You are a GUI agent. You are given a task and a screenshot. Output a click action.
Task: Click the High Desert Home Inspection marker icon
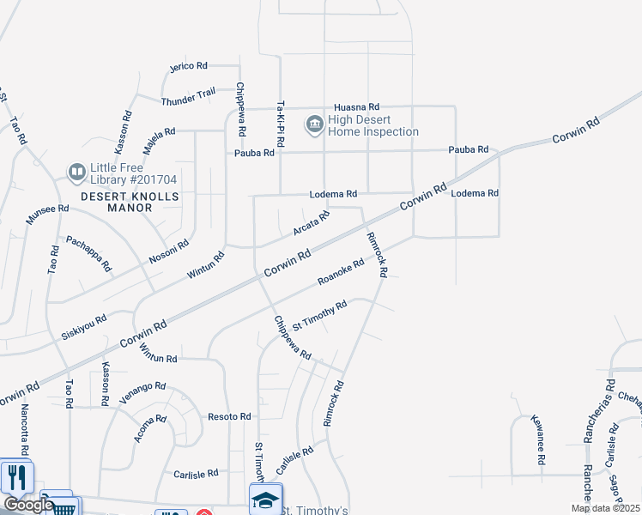pyautogui.click(x=314, y=125)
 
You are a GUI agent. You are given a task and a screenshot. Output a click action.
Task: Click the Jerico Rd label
pyautogui.click(x=189, y=65)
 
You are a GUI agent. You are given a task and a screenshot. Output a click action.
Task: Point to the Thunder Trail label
pyautogui.click(x=188, y=99)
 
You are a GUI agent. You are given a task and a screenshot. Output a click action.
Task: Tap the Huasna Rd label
pyautogui.click(x=356, y=106)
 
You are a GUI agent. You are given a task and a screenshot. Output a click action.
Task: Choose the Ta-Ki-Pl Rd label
pyautogui.click(x=280, y=123)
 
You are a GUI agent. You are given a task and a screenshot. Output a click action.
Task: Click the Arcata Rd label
pyautogui.click(x=311, y=224)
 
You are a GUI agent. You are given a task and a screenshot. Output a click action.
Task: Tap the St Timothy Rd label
pyautogui.click(x=319, y=315)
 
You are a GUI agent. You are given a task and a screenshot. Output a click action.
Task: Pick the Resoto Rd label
pyautogui.click(x=229, y=416)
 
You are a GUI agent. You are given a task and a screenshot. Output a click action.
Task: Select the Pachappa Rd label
pyautogui.click(x=89, y=253)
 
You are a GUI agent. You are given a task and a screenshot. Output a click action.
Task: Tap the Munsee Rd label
pyautogui.click(x=46, y=214)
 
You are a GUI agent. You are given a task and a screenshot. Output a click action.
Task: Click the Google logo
pyautogui.click(x=27, y=504)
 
